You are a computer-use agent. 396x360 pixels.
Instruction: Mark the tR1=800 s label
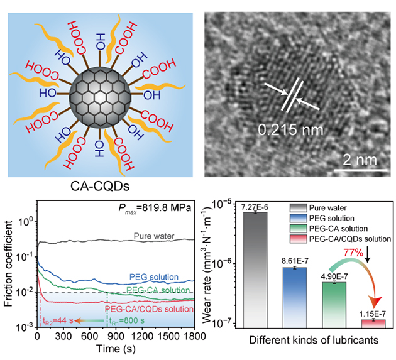128,321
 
